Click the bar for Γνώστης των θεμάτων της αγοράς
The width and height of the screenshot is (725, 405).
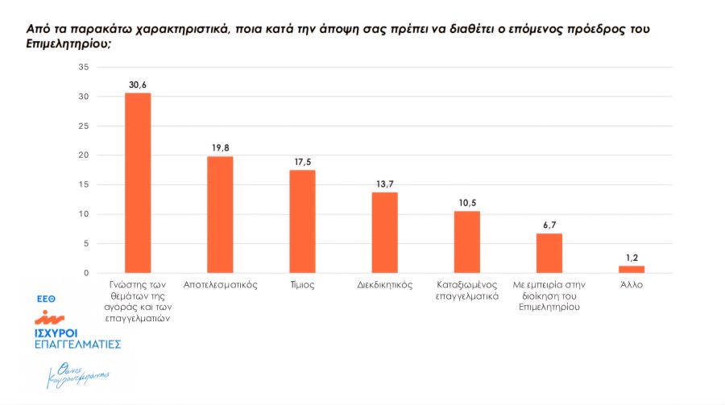point(137,183)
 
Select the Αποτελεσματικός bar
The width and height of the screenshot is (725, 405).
point(220,214)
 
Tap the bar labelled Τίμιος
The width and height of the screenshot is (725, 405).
point(302,221)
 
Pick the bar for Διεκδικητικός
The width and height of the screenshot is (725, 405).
point(384,233)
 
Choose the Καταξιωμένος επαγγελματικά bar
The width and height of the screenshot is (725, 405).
point(467,242)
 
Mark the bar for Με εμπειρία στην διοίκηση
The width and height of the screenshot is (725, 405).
point(549,253)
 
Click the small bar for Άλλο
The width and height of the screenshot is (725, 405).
point(632,269)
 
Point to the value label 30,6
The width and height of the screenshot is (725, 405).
point(137,84)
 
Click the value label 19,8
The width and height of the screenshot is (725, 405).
point(220,147)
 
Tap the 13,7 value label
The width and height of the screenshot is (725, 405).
point(384,184)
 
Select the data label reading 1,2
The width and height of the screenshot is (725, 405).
point(632,257)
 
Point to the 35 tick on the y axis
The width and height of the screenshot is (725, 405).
point(83,67)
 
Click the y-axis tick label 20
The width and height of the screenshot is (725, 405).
point(83,155)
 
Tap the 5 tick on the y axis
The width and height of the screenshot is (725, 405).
point(85,244)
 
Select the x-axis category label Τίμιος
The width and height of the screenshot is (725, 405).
point(302,285)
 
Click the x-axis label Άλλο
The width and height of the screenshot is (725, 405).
point(632,285)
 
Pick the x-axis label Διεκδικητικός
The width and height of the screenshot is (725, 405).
point(384,285)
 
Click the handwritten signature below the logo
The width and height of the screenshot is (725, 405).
point(78,375)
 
